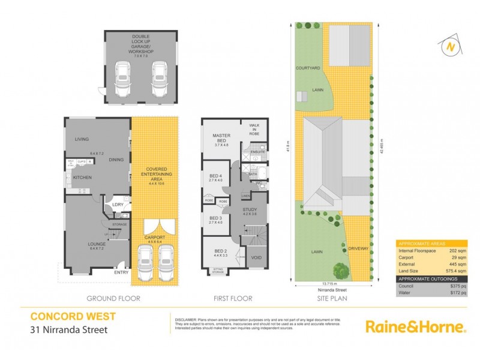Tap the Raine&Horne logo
click(416, 326)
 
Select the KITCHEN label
click(82, 178)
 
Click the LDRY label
click(118, 205)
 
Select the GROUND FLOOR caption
click(113, 298)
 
